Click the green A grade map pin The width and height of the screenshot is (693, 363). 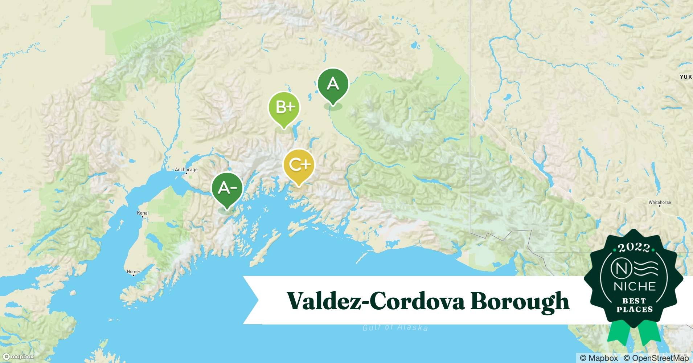click(333, 85)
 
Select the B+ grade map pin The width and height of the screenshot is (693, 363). click(284, 107)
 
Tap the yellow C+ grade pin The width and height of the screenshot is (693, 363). click(299, 166)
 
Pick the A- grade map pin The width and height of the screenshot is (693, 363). click(227, 188)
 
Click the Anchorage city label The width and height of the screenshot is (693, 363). click(186, 170)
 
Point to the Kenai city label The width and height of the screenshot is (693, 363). click(143, 213)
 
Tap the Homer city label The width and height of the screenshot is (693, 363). click(134, 271)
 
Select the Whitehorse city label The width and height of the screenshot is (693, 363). click(660, 202)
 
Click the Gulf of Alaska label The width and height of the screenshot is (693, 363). click(395, 327)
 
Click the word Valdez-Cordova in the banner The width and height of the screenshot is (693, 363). click(375, 301)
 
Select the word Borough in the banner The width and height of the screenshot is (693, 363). click(520, 301)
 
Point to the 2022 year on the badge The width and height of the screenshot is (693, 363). click(634, 248)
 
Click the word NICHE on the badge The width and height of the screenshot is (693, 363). click(634, 286)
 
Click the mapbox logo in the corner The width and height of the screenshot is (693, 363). click(18, 356)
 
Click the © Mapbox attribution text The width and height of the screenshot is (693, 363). click(599, 358)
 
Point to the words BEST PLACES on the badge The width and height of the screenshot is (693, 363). click(634, 305)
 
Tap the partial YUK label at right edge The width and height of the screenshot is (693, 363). click(686, 77)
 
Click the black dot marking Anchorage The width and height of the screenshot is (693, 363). click(186, 174)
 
